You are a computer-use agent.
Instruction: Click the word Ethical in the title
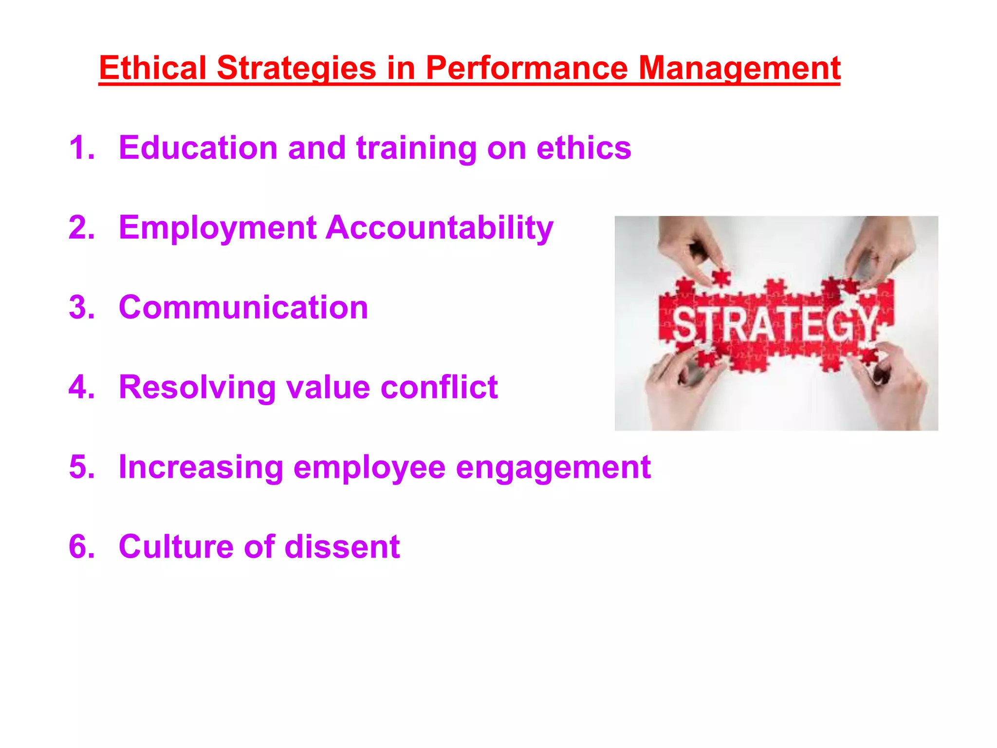coord(152,68)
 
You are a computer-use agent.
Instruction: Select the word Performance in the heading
coord(526,68)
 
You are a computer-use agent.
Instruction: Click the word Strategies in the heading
coord(296,69)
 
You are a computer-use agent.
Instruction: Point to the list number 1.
coord(81,148)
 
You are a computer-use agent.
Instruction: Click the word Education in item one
coord(198,148)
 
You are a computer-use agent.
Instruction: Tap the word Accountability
coord(439,228)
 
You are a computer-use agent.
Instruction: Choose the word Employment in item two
coord(218,228)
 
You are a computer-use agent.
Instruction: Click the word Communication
coord(243,308)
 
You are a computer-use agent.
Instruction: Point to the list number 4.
coord(81,388)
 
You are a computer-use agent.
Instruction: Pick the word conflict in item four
coord(439,388)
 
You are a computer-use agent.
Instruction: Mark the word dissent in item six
coord(342,546)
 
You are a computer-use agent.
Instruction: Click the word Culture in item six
coord(176,546)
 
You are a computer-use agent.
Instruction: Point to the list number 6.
coord(81,546)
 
